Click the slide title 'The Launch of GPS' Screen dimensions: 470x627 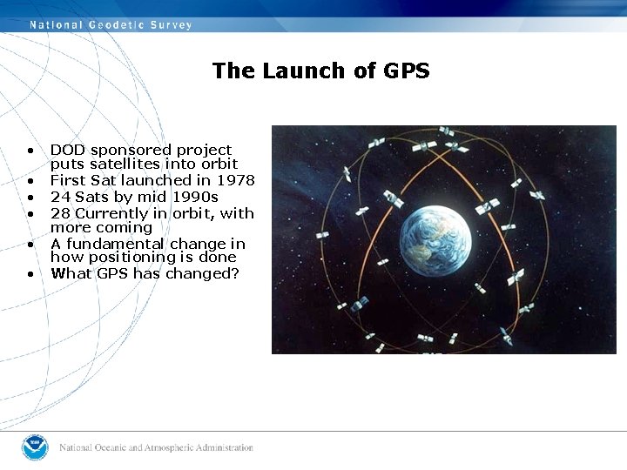(x=320, y=71)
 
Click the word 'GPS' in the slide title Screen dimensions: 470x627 (x=406, y=71)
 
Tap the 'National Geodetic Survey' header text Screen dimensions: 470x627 (x=111, y=24)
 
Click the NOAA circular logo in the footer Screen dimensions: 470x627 (x=35, y=447)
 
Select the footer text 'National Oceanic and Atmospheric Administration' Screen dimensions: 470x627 (x=156, y=447)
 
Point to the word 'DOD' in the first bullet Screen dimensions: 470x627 (x=67, y=151)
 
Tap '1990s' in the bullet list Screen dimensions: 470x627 (x=194, y=197)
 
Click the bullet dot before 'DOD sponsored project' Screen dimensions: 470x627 (x=30, y=151)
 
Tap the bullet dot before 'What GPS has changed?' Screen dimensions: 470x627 (x=30, y=275)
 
